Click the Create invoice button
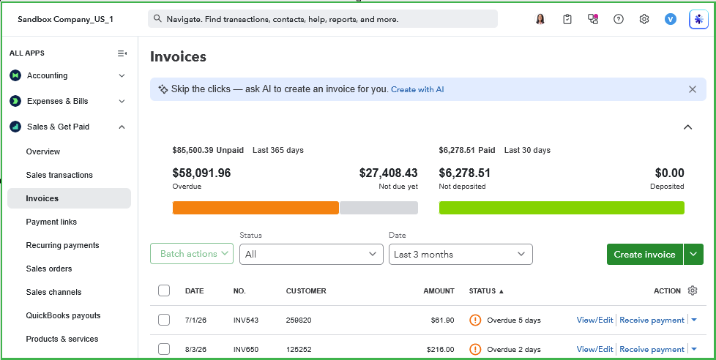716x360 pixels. point(644,254)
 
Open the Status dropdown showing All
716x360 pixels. point(311,254)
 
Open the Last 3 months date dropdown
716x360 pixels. point(460,254)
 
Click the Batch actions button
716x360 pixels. point(192,254)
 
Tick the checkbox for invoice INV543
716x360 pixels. point(164,320)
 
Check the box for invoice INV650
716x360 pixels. point(164,349)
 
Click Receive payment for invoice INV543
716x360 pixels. point(652,320)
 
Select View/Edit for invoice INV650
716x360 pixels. point(594,349)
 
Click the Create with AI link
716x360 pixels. point(417,89)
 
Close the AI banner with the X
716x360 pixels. point(693,89)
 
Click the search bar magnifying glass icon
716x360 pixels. point(157,19)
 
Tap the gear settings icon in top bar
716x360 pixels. point(644,19)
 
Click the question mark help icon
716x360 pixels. point(619,19)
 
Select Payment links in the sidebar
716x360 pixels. point(51,222)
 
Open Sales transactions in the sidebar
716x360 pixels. point(59,175)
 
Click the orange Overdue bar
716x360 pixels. point(256,208)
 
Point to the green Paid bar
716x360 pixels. point(562,208)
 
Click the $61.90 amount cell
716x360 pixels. point(442,320)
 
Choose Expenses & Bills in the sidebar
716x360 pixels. point(58,101)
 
